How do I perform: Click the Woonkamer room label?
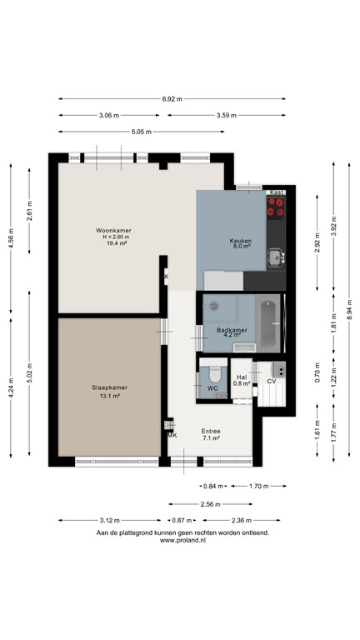[113, 230]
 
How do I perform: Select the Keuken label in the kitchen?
[241, 240]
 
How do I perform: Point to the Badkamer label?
[230, 331]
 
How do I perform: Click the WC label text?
[212, 388]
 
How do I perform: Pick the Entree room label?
[210, 432]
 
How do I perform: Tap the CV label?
[271, 381]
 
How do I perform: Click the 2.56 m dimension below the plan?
[210, 503]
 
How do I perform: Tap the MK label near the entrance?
[172, 435]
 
